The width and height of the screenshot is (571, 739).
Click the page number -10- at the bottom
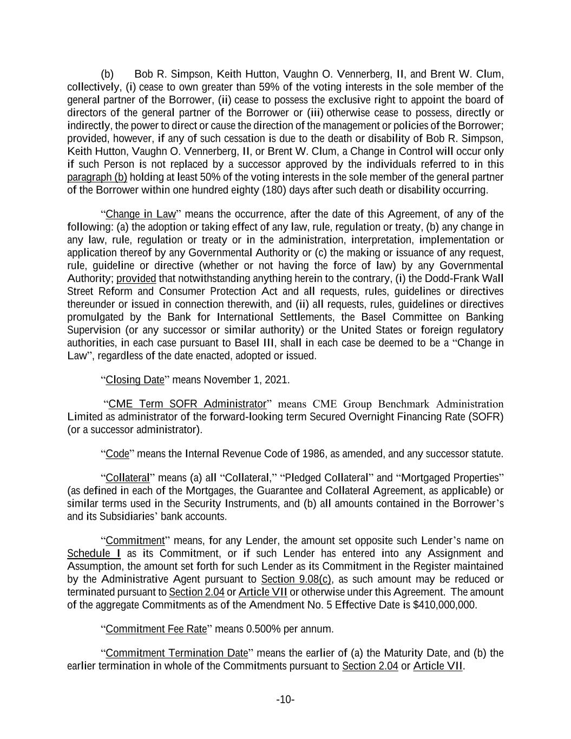tap(285, 700)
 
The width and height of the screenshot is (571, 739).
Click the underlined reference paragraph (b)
tap(97, 178)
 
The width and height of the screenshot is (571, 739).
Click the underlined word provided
tap(136, 278)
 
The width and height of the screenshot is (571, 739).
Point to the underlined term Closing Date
tap(135, 380)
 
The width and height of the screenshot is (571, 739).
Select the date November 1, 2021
tap(246, 380)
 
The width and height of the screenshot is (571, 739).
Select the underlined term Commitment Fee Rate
tap(156, 629)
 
